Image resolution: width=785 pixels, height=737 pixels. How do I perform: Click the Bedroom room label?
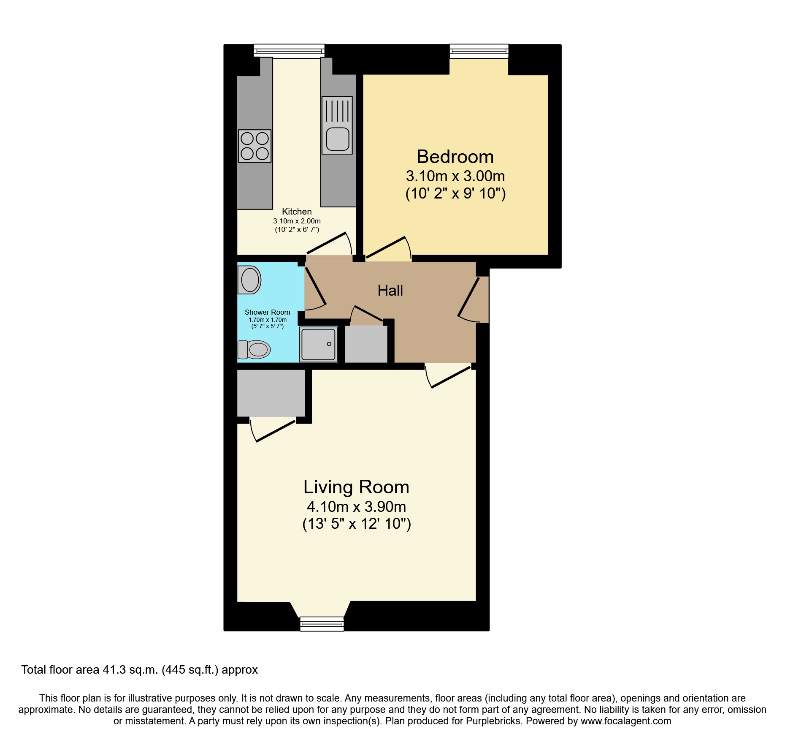coord(455,157)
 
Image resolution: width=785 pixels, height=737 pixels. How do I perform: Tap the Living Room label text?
coord(356,487)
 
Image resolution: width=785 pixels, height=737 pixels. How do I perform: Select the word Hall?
coord(390,291)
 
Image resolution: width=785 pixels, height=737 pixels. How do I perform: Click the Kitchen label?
coord(297,212)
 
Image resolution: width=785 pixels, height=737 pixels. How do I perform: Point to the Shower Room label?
coord(267,312)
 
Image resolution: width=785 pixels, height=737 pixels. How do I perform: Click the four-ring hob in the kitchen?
coord(254,146)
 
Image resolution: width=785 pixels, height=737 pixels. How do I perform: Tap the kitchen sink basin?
coord(338,139)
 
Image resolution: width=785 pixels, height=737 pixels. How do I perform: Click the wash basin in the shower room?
coord(249,280)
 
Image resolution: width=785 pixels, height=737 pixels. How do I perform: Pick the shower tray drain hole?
coord(329,344)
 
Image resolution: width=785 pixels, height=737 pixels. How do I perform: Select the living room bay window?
coord(322,623)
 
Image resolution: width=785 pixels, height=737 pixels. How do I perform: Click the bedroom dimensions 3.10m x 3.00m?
coord(455,176)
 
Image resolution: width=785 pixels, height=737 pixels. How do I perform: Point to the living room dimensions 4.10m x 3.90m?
coord(356,506)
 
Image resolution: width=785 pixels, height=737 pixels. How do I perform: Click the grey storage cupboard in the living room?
coord(271,393)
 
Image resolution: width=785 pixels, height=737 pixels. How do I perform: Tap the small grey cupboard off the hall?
coord(366,344)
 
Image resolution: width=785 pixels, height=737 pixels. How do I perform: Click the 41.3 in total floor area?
coord(114,670)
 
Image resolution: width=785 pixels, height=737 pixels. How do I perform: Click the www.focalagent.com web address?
coord(625,721)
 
